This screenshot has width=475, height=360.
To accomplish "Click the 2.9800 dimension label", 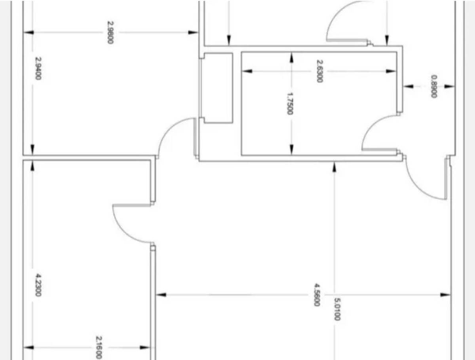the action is click(x=110, y=32).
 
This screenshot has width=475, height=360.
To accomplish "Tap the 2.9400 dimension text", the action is click(x=38, y=68).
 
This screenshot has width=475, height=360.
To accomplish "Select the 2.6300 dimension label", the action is click(x=319, y=71).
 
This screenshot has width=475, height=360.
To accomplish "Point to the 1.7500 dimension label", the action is click(x=289, y=104).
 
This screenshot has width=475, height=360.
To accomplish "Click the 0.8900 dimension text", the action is click(x=434, y=87).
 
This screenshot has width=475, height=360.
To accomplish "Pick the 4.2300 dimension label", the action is click(x=38, y=285).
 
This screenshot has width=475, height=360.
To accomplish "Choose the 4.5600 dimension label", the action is click(x=317, y=295).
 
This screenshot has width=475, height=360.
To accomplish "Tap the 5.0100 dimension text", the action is click(x=337, y=309).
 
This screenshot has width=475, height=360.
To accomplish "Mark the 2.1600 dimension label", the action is click(x=99, y=347).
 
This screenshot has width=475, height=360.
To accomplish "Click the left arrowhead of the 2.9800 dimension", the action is click(x=28, y=33).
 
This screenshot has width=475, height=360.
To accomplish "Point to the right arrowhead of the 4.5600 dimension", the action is click(x=446, y=295).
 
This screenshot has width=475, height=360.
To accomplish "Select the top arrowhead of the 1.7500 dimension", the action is click(x=291, y=58).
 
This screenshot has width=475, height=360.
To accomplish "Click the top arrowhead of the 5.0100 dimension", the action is click(x=334, y=167).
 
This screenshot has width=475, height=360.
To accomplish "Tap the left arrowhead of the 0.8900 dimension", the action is click(x=408, y=87).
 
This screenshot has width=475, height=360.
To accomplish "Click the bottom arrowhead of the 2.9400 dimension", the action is click(x=32, y=150).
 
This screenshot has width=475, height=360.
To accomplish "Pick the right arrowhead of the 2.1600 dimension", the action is click(x=145, y=348).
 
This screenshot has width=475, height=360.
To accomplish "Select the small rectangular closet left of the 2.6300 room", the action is click(x=218, y=88).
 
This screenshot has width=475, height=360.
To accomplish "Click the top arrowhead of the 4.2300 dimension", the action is click(x=32, y=166).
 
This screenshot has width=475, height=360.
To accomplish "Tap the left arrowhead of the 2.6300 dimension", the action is click(x=247, y=71).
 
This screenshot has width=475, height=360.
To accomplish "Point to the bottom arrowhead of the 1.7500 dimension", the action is click(x=291, y=150).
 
